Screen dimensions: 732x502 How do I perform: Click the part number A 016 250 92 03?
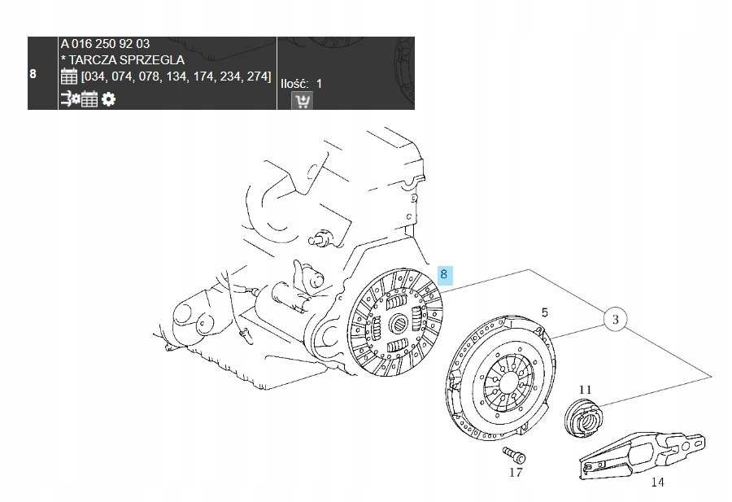(105, 44)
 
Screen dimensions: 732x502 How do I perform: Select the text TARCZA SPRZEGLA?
(127, 60)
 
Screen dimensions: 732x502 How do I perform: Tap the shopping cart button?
(302, 101)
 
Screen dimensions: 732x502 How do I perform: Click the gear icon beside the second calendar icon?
(108, 99)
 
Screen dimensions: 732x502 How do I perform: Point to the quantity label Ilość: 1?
(301, 84)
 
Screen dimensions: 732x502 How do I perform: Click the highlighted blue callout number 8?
(444, 274)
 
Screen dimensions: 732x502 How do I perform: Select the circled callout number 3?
(616, 320)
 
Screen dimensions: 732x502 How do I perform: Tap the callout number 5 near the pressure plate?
(545, 312)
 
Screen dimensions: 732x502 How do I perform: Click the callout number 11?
(585, 390)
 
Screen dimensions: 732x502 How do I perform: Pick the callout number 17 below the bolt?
(516, 473)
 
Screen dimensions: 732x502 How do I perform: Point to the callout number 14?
(657, 482)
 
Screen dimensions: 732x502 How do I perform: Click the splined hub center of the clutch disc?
(398, 322)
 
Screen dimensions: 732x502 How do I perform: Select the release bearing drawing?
(583, 417)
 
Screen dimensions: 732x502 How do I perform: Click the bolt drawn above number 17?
(514, 454)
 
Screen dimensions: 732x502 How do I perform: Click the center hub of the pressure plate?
(507, 380)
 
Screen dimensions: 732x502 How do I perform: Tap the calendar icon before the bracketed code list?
(69, 76)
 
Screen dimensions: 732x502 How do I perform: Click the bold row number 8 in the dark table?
(33, 74)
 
